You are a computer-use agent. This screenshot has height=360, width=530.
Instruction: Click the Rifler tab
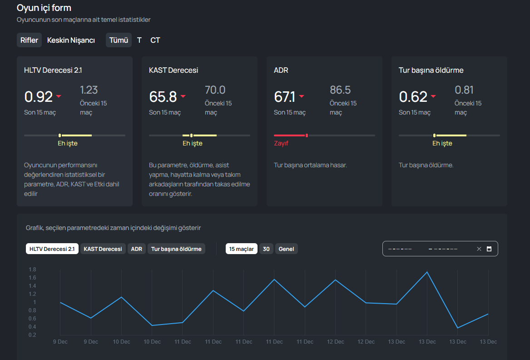pos(29,40)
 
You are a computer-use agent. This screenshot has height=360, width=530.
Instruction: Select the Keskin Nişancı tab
pos(71,40)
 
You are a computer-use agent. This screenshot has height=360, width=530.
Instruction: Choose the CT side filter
pos(155,40)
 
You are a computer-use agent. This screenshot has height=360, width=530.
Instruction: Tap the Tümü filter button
pos(119,40)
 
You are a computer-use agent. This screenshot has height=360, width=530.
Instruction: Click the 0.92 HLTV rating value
pos(39,97)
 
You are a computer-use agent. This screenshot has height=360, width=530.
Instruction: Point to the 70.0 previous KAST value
pos(215,90)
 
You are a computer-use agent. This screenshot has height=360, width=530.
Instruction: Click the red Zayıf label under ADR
pos(281,143)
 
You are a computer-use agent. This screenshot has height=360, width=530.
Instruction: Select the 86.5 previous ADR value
pos(340,90)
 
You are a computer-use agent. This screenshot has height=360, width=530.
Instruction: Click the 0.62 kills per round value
pos(413,97)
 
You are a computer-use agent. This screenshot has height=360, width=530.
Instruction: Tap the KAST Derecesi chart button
pos(103,249)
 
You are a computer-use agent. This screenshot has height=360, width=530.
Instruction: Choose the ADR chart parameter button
pos(137,249)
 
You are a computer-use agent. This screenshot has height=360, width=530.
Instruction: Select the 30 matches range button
pos(266,249)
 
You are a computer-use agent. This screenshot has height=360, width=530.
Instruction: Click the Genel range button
pos(286,249)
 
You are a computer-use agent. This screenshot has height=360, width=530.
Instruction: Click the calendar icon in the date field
pos(489,249)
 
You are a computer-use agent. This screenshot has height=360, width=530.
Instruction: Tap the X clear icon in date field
pos(479,249)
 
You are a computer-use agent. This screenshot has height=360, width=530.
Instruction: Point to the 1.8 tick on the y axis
pos(32,270)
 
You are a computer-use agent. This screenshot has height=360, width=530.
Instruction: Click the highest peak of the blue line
pos(427,272)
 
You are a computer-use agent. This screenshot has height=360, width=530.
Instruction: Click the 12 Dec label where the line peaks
pos(336,342)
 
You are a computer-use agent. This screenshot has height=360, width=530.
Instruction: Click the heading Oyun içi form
pos(44,8)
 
